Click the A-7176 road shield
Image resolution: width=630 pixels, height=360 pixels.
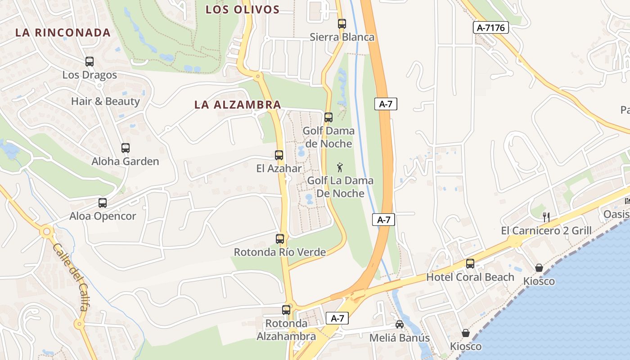491,28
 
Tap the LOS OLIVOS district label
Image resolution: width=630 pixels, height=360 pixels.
243,9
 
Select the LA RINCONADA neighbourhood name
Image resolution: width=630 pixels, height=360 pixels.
63,32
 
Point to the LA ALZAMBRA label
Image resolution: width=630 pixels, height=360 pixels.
238,105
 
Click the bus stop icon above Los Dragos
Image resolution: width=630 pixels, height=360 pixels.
90,62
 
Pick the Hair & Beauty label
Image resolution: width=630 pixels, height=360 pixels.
105,101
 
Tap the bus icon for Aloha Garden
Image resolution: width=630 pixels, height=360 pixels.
126,148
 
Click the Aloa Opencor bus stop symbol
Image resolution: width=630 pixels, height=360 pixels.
103,203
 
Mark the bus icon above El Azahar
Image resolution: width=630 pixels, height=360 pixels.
279,155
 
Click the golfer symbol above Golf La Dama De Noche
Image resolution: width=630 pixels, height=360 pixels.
340,168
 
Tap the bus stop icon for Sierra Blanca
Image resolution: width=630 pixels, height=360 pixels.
342,24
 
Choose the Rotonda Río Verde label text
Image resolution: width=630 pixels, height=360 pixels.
279,252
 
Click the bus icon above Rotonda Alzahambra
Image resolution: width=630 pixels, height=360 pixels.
286,310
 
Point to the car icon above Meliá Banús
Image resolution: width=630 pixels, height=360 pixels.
399,324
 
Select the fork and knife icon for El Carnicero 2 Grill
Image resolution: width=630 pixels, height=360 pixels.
546,217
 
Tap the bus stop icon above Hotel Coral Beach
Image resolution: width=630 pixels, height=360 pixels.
470,264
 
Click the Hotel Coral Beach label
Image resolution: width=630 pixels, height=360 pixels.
470,277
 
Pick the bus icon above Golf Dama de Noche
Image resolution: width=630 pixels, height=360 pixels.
328,117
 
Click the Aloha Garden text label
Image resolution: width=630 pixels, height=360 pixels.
126,161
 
